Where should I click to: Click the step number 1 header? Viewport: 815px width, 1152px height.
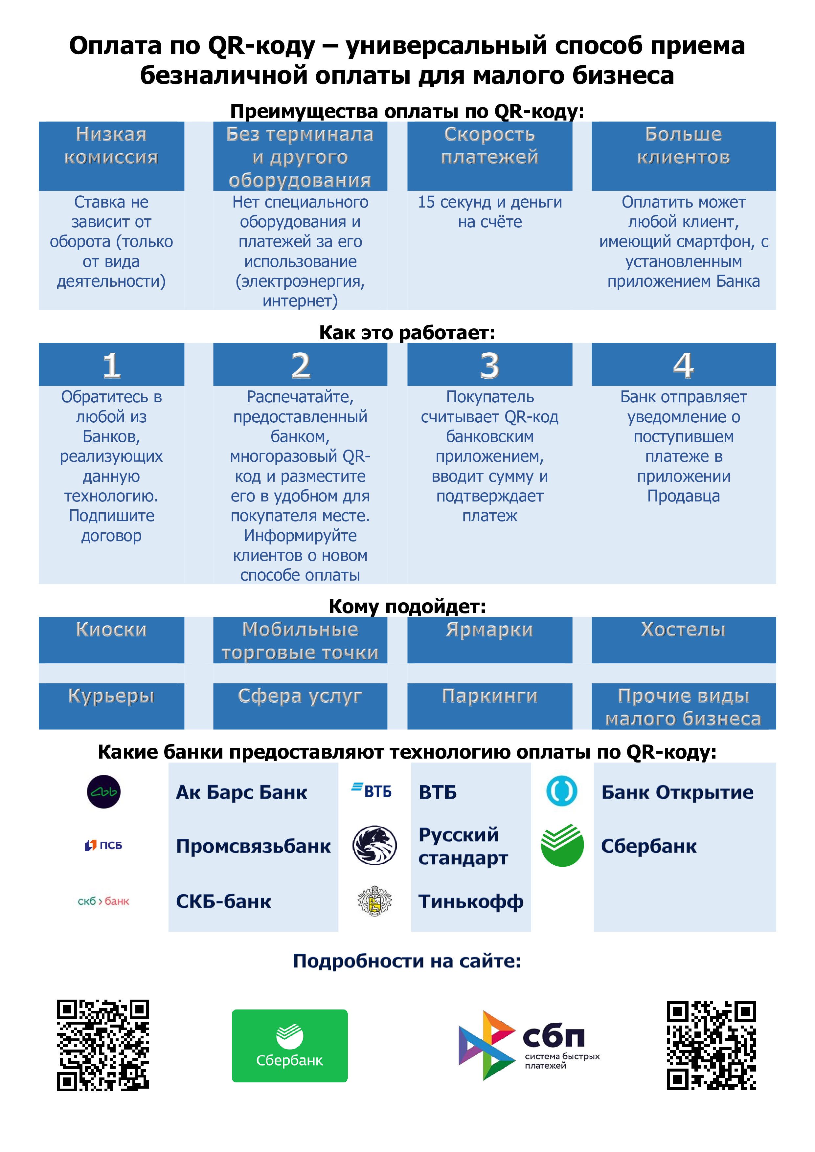(x=111, y=365)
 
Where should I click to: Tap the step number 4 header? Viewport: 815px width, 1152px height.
(x=684, y=365)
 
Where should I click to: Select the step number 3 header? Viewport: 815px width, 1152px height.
(x=489, y=365)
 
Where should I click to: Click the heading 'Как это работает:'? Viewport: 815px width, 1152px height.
(x=407, y=333)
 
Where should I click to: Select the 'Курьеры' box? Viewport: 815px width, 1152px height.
(x=111, y=706)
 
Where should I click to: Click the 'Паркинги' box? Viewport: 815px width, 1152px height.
(x=489, y=706)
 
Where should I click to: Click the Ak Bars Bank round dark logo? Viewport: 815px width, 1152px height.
(x=104, y=792)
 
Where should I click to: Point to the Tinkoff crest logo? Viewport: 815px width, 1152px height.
(x=374, y=901)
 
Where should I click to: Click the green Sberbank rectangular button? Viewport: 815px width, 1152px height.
(x=289, y=1046)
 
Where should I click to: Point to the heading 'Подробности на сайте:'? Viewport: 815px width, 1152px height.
(x=407, y=961)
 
